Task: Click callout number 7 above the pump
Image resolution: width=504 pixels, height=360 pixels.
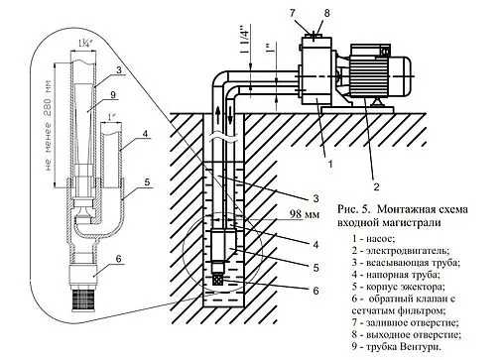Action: (x=307, y=11)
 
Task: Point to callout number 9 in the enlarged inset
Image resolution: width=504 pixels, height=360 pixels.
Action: (x=113, y=96)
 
